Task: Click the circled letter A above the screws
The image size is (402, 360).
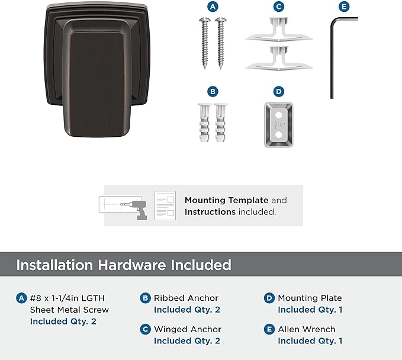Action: pyautogui.click(x=213, y=7)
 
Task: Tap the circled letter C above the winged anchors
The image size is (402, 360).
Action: pyautogui.click(x=279, y=7)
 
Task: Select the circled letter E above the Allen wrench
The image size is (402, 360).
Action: pyautogui.click(x=344, y=7)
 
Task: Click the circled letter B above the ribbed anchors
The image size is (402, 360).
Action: pyautogui.click(x=213, y=92)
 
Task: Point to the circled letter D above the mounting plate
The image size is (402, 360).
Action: pyautogui.click(x=279, y=92)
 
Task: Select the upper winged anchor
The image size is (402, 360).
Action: pyautogui.click(x=279, y=30)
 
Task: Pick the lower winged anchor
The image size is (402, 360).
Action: pyautogui.click(x=279, y=58)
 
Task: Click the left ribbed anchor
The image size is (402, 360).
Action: pyautogui.click(x=204, y=123)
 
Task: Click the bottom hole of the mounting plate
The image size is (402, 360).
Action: pyautogui.click(x=279, y=134)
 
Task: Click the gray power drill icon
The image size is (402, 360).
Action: pyautogui.click(x=139, y=210)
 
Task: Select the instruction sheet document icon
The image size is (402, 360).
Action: pyautogui.click(x=165, y=205)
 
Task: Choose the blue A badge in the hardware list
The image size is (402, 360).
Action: pyautogui.click(x=21, y=298)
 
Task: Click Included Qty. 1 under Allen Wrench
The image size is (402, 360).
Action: pyautogui.click(x=310, y=341)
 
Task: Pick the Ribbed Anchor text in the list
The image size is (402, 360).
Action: pyautogui.click(x=186, y=298)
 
